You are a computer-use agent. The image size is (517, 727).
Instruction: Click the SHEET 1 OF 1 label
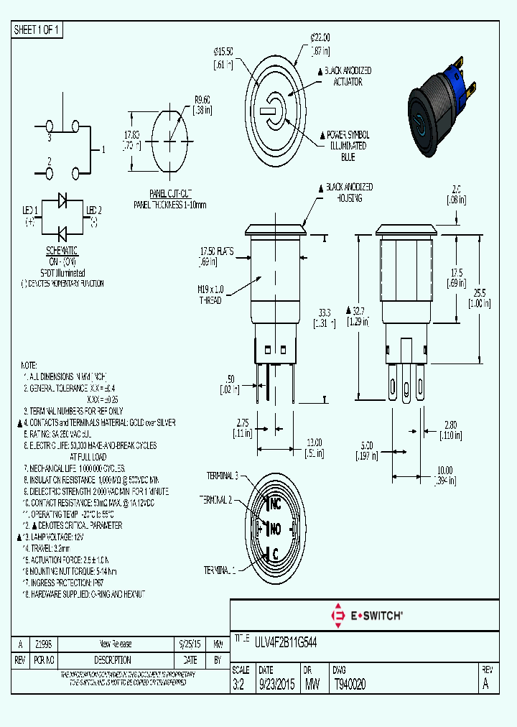[x=38, y=30]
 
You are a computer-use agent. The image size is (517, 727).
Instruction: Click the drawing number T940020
[x=350, y=685]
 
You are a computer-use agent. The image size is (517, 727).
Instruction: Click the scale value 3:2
[x=239, y=685]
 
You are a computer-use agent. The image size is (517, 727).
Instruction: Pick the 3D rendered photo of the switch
[x=441, y=111]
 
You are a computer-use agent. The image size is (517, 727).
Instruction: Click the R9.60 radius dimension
[x=202, y=100]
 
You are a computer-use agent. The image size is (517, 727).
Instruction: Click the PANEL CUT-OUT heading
[x=170, y=194]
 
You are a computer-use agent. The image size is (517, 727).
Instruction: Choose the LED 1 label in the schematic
[x=29, y=210]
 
